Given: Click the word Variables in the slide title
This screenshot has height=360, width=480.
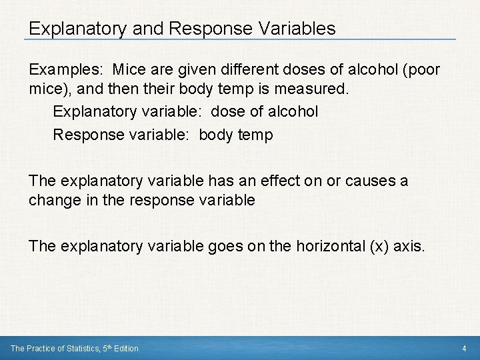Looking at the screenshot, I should pos(295,29).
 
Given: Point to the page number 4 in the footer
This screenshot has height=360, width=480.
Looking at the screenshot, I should pos(464,348).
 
